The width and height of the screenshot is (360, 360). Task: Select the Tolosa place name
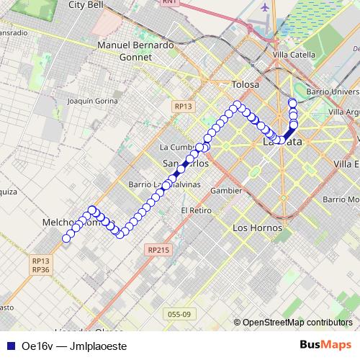pyautogui.click(x=245, y=85)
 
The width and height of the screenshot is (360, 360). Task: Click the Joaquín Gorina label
pyautogui.click(x=91, y=102)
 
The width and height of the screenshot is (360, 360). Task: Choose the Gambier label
pyautogui.click(x=226, y=191)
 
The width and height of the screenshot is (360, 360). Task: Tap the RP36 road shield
pyautogui.click(x=40, y=269)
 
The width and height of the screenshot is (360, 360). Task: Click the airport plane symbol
pyautogui.click(x=266, y=7)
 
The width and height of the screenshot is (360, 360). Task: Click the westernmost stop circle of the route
pyautogui.click(x=66, y=239)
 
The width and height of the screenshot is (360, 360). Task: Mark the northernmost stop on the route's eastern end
pyautogui.click(x=292, y=103)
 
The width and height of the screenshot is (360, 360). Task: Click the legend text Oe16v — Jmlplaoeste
pyautogui.click(x=74, y=346)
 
